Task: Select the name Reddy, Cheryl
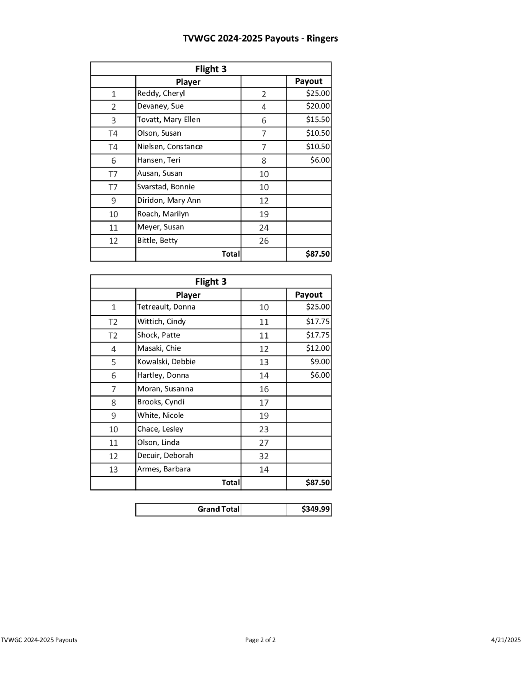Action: point(161,94)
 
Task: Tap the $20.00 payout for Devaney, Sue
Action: point(318,106)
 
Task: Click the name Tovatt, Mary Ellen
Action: point(169,120)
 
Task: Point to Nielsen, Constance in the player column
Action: point(170,147)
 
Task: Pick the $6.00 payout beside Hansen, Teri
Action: point(320,160)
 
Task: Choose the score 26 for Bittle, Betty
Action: point(263,241)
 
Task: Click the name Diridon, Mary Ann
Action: point(169,201)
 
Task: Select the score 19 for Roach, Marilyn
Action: point(263,214)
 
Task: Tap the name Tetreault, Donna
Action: point(166,307)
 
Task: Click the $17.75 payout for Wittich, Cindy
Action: point(318,322)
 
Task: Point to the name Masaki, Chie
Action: point(159,348)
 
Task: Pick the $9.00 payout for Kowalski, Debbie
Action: point(320,362)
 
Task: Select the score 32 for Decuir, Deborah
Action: point(263,456)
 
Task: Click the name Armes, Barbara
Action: point(164,469)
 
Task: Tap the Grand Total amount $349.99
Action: point(316,509)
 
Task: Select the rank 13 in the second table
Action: point(113,470)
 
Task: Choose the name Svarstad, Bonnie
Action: point(166,187)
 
